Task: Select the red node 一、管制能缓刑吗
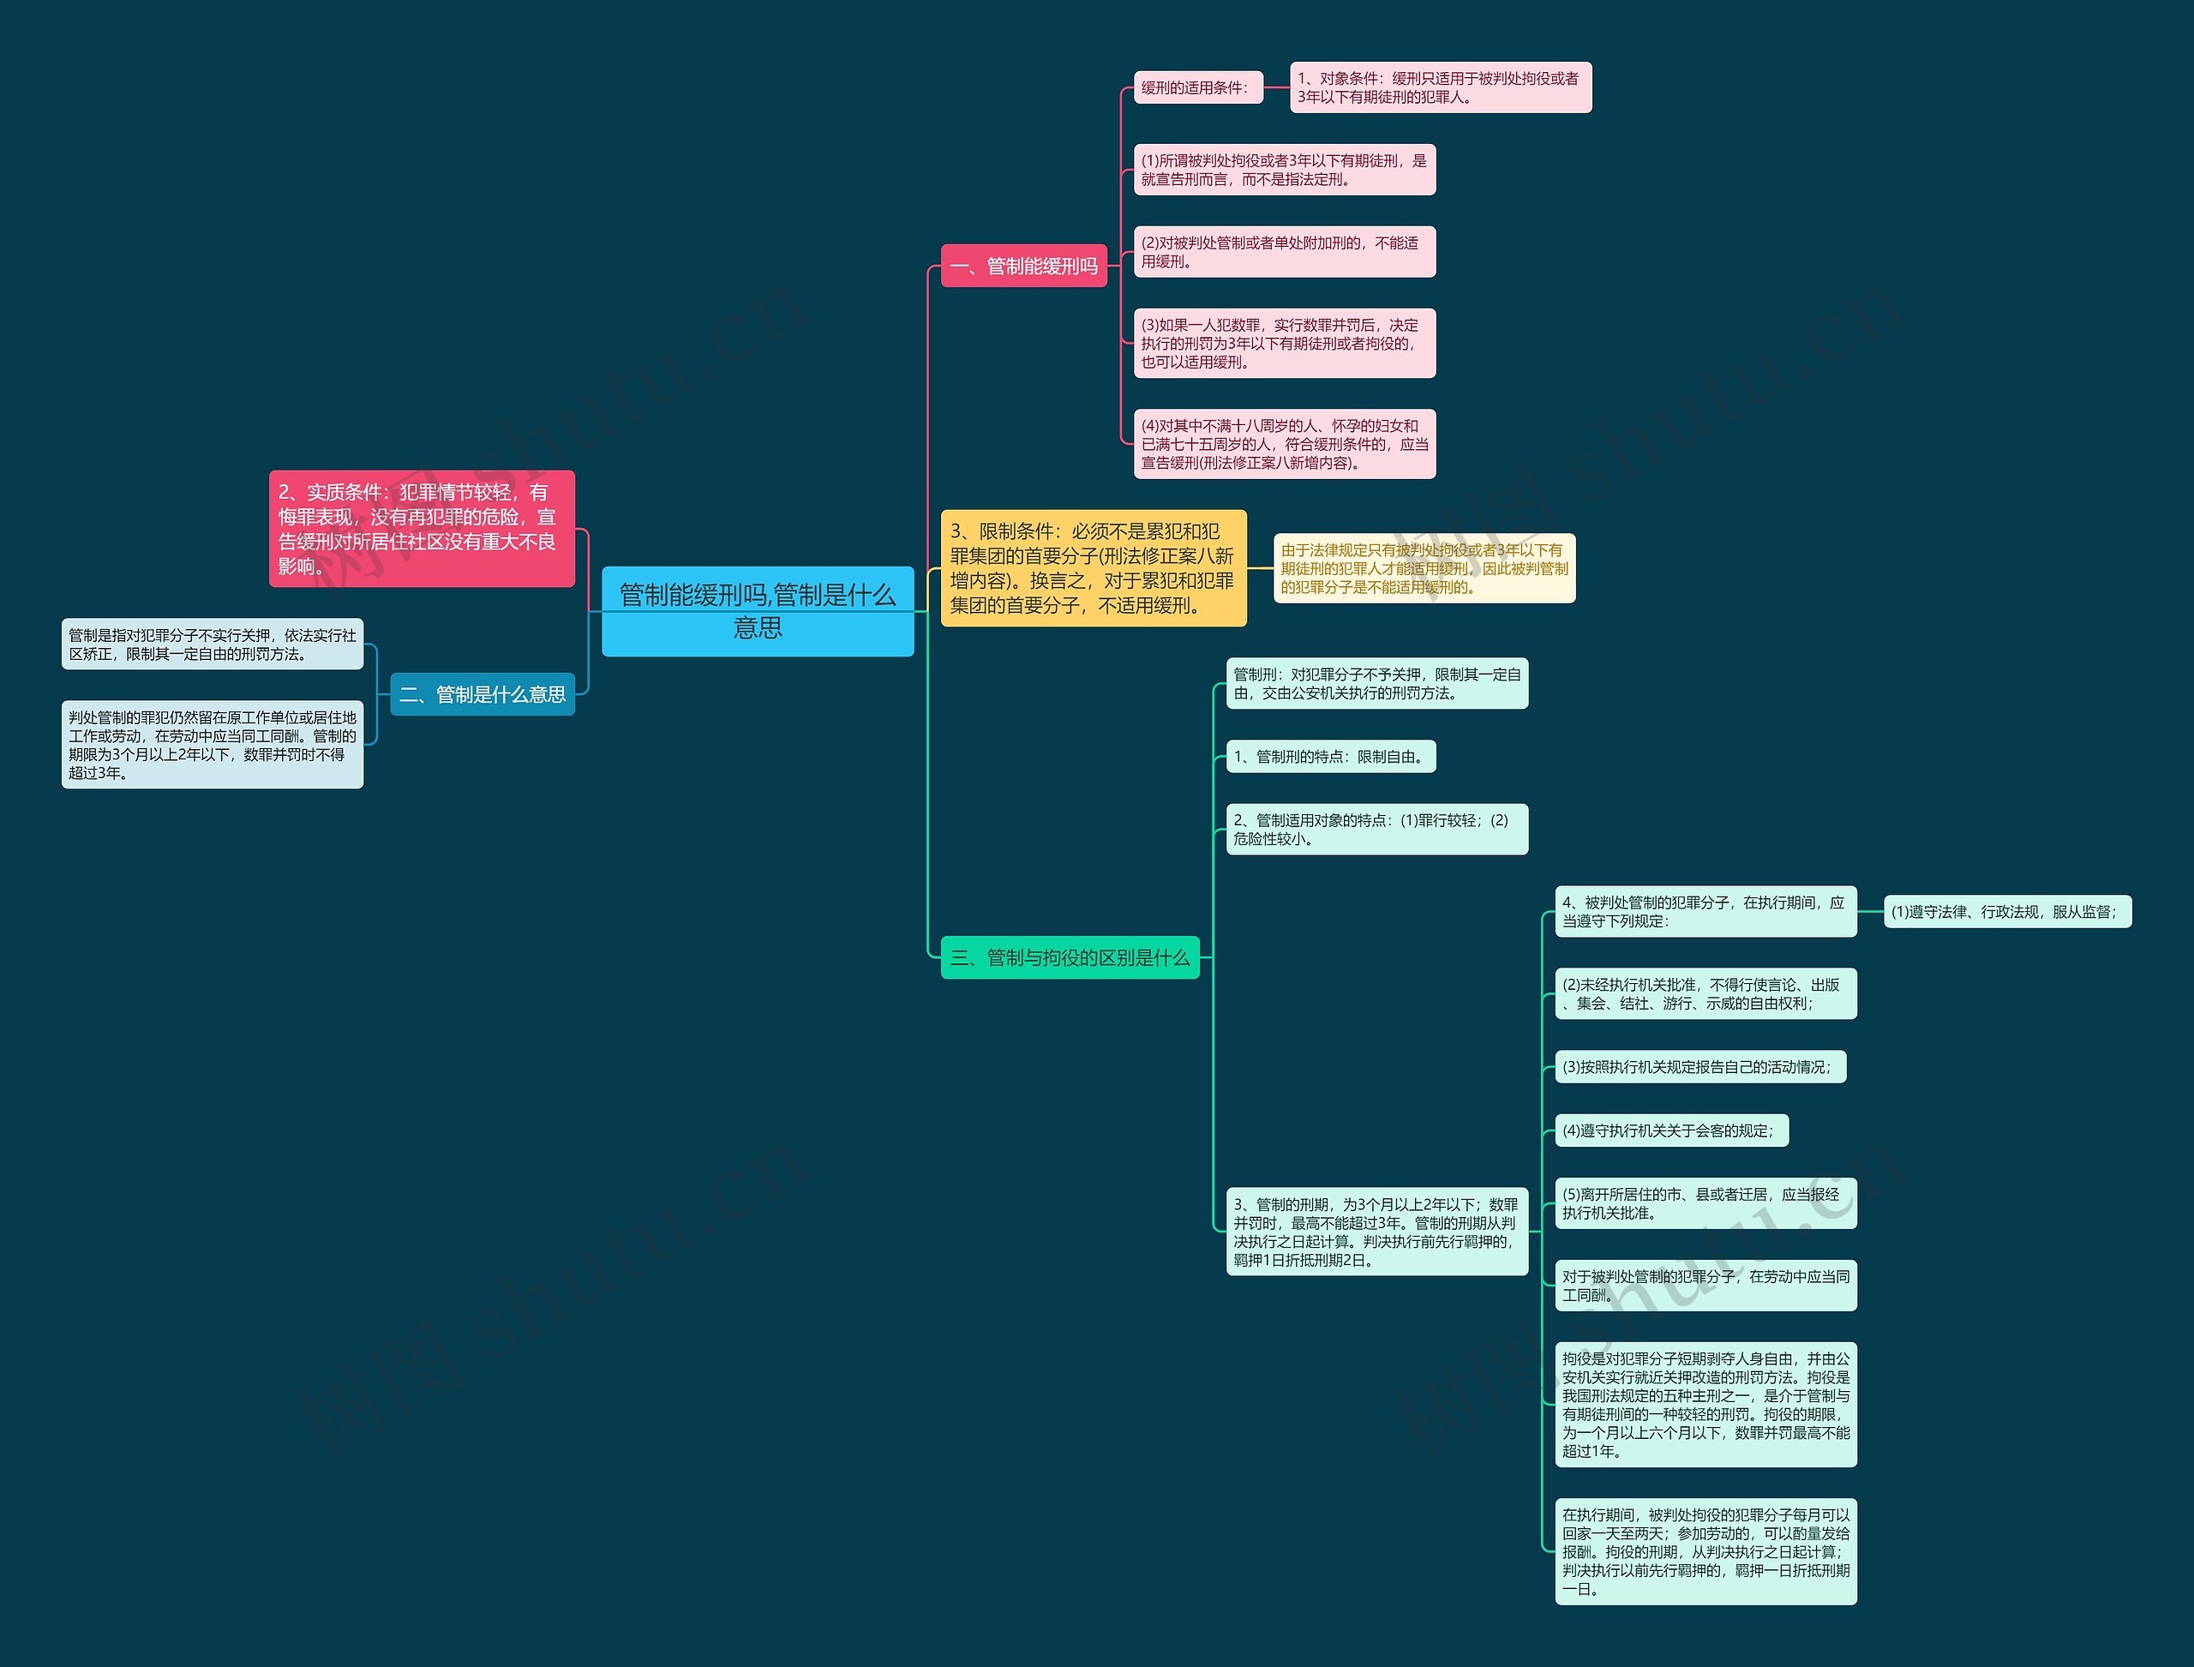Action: (x=1023, y=266)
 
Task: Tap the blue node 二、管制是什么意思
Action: (x=483, y=693)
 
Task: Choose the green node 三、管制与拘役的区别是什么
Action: (x=1070, y=957)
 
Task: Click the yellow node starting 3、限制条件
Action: (x=1093, y=567)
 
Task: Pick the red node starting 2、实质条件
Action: (x=422, y=528)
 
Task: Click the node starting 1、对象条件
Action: (x=1440, y=87)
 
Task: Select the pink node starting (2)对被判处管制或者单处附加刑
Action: (x=1284, y=252)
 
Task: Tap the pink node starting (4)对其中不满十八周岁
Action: (x=1284, y=444)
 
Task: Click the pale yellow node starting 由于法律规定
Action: (x=1424, y=567)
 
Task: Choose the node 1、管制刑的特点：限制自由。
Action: (x=1331, y=756)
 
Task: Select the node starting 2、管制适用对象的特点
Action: (x=1376, y=829)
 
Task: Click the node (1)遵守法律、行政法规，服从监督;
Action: (x=2006, y=911)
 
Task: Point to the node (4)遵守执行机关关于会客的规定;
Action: (x=1671, y=1130)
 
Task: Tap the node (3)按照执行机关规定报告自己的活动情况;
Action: (x=1699, y=1067)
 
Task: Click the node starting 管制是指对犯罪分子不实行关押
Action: (x=213, y=644)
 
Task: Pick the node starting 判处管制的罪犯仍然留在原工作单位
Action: (x=213, y=744)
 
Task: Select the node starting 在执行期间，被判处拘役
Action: (x=1705, y=1551)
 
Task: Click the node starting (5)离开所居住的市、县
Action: (x=1705, y=1202)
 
